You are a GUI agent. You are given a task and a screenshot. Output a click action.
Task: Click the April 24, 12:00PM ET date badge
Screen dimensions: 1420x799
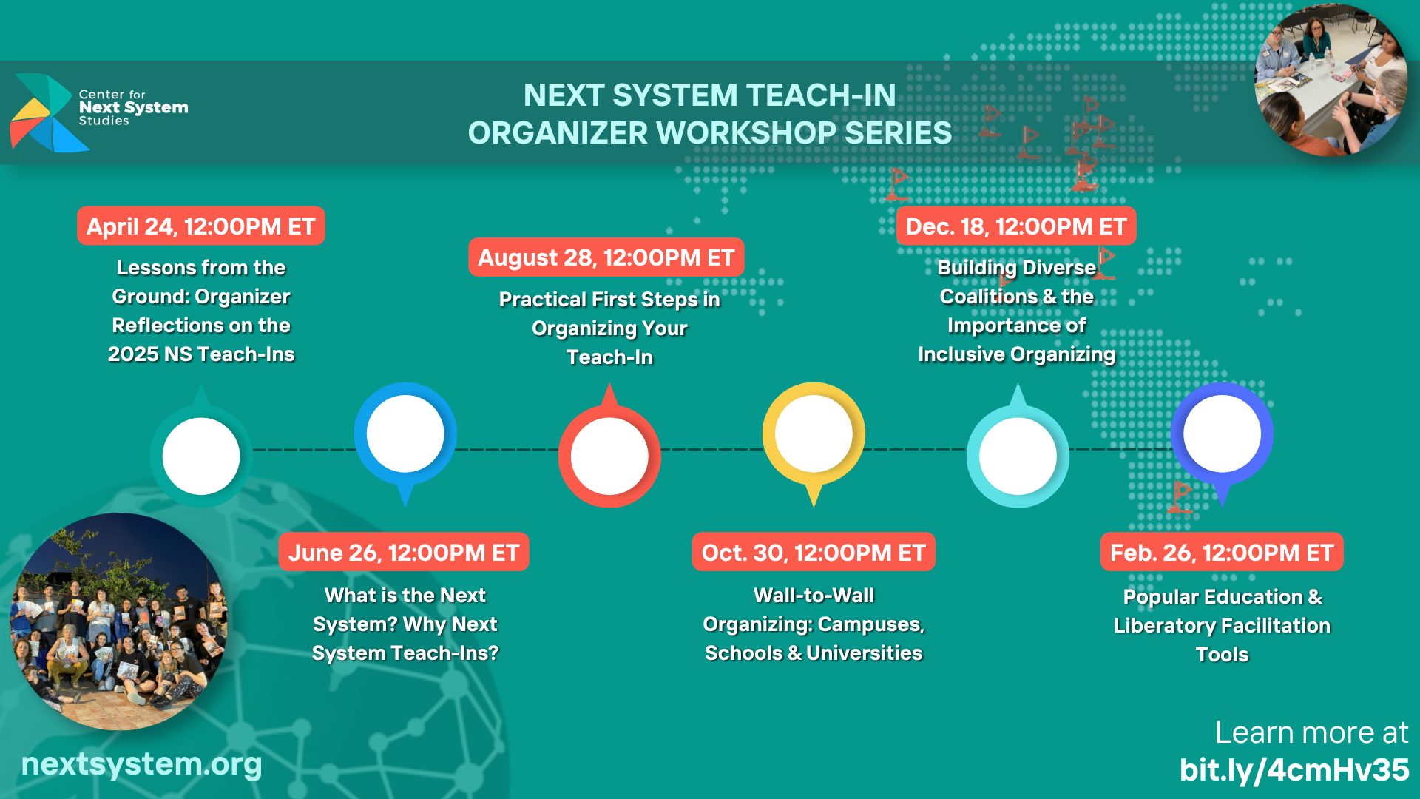coord(201,226)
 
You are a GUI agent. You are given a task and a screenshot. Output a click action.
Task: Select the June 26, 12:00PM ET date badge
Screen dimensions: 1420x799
coord(404,552)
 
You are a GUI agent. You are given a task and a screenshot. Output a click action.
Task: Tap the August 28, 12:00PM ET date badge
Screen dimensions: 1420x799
coord(606,257)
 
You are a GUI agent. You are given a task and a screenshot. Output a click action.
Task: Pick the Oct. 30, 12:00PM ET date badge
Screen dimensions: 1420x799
coord(814,552)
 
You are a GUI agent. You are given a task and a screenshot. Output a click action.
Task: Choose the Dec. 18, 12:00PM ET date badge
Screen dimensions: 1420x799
coord(1016,226)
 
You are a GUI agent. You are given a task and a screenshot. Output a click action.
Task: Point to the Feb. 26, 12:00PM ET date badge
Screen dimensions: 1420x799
coord(1222,552)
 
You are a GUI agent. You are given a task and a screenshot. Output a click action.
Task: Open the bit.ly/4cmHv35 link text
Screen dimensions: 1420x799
coord(1294,769)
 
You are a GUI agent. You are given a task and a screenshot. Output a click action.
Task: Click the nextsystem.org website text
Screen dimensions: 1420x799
coord(141,764)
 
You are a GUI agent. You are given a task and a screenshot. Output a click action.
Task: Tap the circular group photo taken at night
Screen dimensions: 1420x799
coord(118,621)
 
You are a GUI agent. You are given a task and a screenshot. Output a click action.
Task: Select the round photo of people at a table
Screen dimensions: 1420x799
coord(1331,80)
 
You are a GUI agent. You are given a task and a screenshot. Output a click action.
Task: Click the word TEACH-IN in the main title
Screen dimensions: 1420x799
coord(820,95)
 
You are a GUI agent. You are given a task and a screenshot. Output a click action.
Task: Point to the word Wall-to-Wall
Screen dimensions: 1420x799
coord(814,595)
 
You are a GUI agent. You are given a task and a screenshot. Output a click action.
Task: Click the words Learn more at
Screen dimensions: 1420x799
coord(1312,732)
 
